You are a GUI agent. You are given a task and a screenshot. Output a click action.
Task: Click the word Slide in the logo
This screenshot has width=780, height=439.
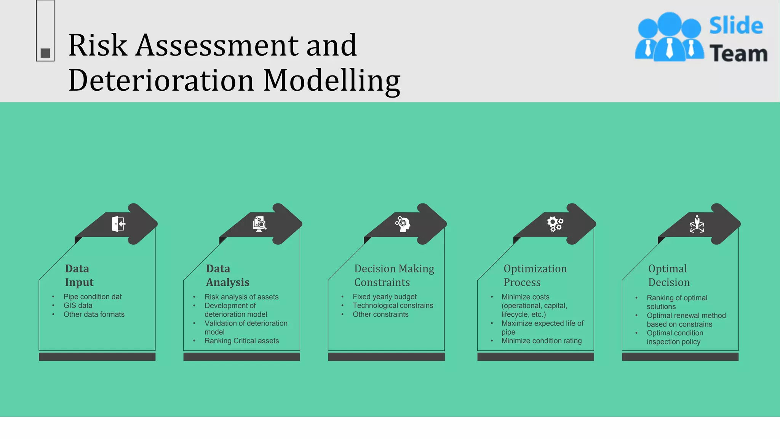pyautogui.click(x=736, y=26)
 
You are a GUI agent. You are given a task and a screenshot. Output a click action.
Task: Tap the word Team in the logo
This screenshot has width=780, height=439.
pyautogui.click(x=738, y=53)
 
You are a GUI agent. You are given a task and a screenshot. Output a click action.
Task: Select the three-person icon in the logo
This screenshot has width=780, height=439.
pyautogui.click(x=669, y=37)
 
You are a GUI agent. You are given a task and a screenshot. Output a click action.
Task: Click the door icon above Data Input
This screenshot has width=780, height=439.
pyautogui.click(x=118, y=224)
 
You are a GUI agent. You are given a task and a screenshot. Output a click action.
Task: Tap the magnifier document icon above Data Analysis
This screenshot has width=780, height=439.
pyautogui.click(x=259, y=224)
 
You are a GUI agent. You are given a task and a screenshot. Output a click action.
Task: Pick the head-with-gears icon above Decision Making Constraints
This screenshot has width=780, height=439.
pyautogui.click(x=403, y=224)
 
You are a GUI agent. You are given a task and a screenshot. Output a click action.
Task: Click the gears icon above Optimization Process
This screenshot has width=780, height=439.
pyautogui.click(x=555, y=224)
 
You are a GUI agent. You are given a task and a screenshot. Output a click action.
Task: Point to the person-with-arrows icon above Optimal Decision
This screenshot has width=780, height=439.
pyautogui.click(x=697, y=224)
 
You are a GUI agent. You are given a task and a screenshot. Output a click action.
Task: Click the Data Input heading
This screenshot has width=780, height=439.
pyautogui.click(x=79, y=275)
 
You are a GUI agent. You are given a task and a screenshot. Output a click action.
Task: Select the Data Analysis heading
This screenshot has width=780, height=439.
pyautogui.click(x=227, y=275)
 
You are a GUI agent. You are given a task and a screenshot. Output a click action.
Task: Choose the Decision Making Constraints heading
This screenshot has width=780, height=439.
pyautogui.click(x=394, y=275)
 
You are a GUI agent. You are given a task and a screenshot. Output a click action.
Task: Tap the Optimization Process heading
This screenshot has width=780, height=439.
pyautogui.click(x=535, y=275)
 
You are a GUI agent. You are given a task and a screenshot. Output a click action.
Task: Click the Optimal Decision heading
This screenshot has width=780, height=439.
pyautogui.click(x=669, y=275)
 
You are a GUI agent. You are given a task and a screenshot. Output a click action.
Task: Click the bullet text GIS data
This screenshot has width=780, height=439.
pyautogui.click(x=78, y=305)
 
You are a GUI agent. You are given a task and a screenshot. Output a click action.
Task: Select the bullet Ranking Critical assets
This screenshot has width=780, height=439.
pyautogui.click(x=241, y=341)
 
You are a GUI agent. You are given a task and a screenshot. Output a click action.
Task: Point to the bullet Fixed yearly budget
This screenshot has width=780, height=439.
pyautogui.click(x=384, y=296)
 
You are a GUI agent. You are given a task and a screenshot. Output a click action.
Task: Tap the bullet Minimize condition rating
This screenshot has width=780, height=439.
pyautogui.click(x=541, y=341)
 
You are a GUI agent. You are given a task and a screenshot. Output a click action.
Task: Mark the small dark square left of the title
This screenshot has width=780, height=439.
pyautogui.click(x=45, y=53)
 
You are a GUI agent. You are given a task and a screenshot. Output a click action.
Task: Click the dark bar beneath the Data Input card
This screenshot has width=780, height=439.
pyautogui.click(x=97, y=357)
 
